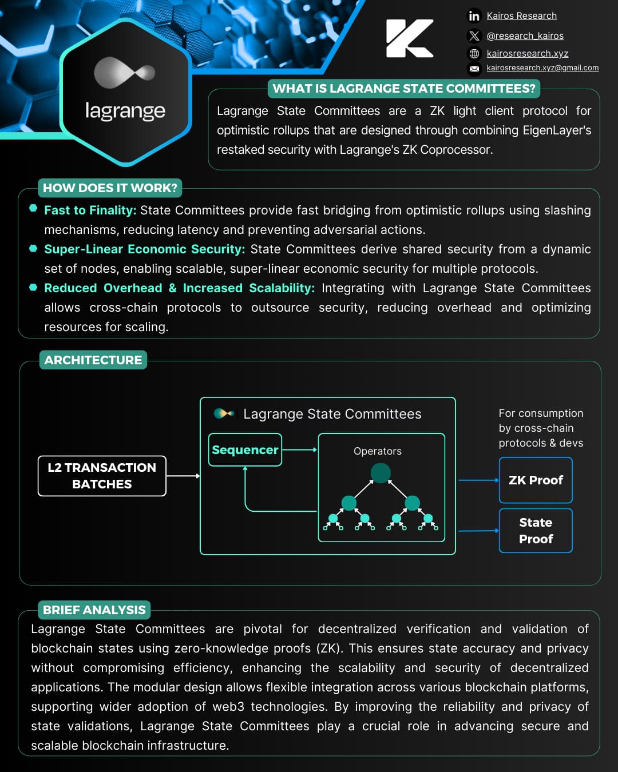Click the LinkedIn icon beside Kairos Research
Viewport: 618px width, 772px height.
pos(474,16)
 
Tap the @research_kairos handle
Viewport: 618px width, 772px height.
pos(525,36)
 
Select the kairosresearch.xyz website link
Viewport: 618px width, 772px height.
pos(527,54)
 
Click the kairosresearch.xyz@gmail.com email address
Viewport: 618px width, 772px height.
pos(542,68)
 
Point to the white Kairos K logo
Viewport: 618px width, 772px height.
pos(409,38)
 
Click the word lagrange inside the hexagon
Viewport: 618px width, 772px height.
pos(125,110)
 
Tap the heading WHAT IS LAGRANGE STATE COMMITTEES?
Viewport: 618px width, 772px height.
pos(404,89)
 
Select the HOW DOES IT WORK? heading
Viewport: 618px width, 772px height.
pos(110,188)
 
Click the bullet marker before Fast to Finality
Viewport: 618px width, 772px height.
pos(33,209)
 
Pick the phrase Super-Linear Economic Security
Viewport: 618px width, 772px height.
pos(144,249)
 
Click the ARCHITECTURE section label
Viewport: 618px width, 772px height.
pos(93,360)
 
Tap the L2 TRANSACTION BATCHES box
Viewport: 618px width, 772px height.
pos(102,476)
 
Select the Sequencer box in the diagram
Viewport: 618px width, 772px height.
pos(245,450)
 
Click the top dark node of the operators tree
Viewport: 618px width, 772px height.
pos(381,473)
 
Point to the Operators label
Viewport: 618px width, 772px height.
pos(378,451)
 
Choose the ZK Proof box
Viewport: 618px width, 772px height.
pos(536,480)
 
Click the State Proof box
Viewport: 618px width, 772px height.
pos(536,531)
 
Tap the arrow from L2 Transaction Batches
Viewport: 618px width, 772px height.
pos(183,476)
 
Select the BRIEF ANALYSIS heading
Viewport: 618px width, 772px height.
pos(94,610)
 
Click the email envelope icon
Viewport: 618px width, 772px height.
pos(474,69)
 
